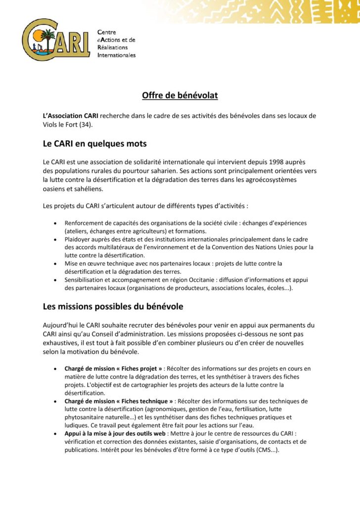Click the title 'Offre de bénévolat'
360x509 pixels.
180,95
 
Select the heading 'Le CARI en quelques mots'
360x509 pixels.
94,144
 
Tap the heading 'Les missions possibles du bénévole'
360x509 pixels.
113,306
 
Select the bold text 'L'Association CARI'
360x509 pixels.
71,116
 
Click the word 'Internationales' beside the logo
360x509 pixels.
116,55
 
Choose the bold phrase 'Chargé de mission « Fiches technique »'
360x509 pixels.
119,401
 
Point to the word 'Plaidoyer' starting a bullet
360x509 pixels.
78,239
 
